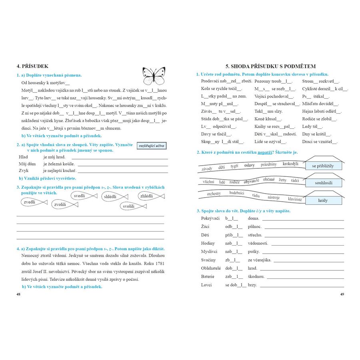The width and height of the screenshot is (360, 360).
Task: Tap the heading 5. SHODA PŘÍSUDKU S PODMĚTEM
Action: (271, 66)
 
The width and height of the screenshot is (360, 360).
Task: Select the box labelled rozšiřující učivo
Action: (151, 146)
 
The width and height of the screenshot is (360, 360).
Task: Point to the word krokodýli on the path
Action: (291, 164)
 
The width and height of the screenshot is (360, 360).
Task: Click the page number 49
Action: (342, 294)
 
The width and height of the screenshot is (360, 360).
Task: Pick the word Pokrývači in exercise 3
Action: (210, 218)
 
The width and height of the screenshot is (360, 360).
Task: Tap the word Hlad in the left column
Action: (23, 157)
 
